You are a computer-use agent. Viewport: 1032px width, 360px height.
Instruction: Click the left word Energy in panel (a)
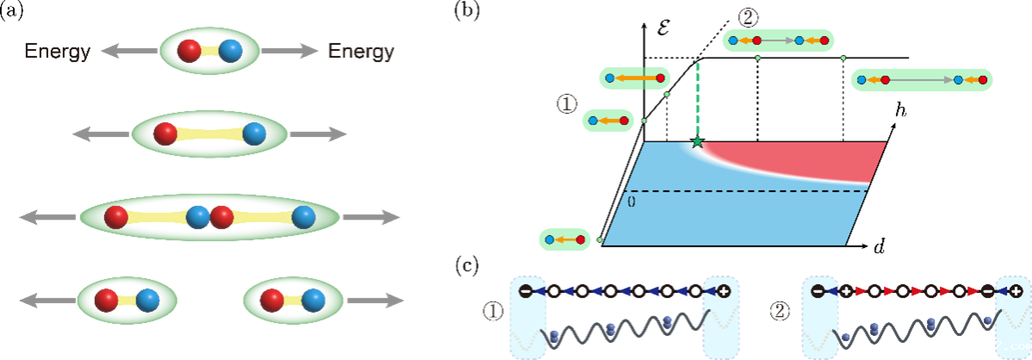click(57, 51)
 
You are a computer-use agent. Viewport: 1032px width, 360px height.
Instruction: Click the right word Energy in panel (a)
click(362, 51)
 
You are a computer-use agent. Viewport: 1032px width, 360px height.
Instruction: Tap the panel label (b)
click(467, 13)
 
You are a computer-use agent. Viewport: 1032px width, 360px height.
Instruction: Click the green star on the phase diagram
click(698, 141)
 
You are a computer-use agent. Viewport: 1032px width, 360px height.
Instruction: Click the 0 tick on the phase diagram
click(631, 202)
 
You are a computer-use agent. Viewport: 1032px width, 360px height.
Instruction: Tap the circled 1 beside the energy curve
click(565, 103)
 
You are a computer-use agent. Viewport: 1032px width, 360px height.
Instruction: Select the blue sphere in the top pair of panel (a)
click(230, 51)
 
